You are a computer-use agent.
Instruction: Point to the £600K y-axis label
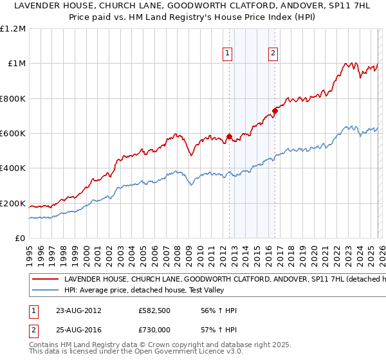coord(13,134)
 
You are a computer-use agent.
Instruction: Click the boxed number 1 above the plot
coord(228,53)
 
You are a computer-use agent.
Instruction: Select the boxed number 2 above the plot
coord(273,53)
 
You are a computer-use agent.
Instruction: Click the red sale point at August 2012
coord(229,136)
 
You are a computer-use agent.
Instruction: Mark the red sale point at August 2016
coord(275,111)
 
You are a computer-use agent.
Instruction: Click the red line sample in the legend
coord(46,280)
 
